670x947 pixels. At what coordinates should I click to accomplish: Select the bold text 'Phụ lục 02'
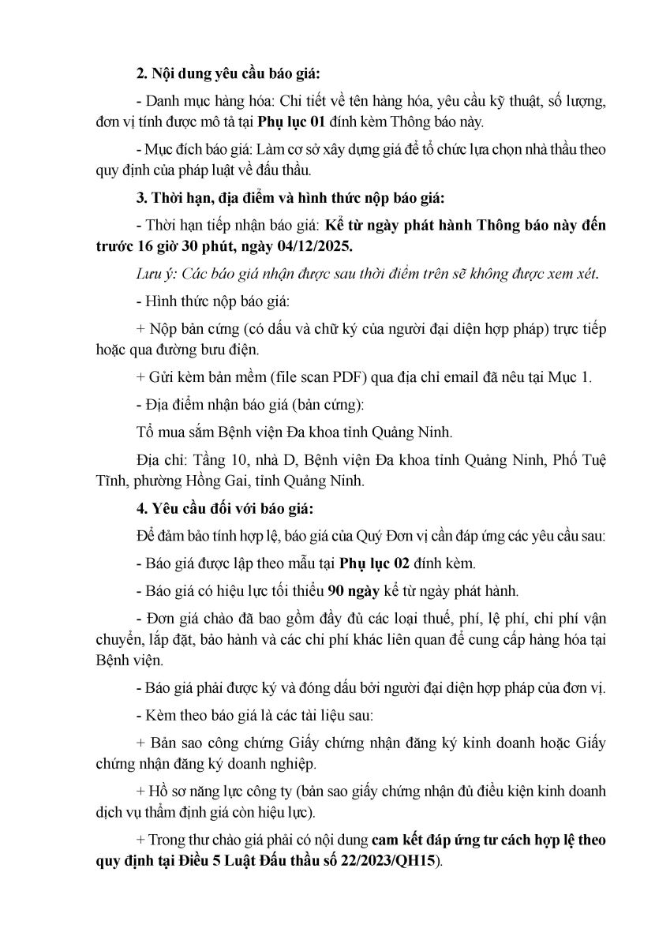click(371, 563)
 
